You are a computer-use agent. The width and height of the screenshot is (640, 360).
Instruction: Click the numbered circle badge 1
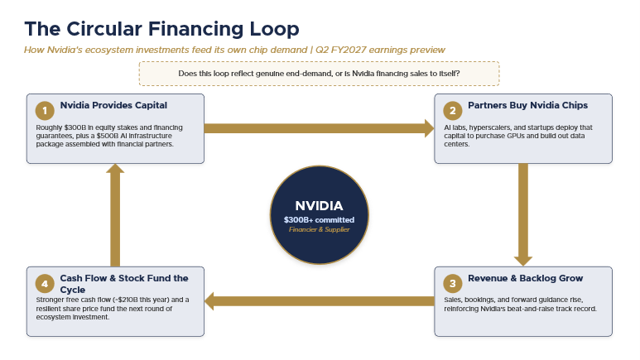pos(45,111)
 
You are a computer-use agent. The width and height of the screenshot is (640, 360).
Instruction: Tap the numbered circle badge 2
pos(453,111)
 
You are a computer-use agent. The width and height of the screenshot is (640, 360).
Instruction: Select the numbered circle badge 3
pos(453,284)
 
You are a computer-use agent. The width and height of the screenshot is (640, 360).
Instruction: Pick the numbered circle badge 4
pos(45,284)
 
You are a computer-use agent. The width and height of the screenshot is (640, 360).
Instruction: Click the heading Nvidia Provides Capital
pos(113,105)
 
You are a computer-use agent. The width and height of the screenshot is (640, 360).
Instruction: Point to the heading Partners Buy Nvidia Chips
pos(527,105)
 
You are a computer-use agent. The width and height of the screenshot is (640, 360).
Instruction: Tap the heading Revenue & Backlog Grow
pos(525,278)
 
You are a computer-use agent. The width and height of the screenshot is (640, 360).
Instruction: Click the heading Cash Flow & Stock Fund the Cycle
pos(124,284)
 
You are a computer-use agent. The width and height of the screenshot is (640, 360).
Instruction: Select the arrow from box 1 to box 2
pos(320,128)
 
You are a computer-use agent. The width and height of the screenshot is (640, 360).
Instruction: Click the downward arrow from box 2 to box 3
pos(523,214)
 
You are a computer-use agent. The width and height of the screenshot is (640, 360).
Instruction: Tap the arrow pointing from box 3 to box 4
pos(320,301)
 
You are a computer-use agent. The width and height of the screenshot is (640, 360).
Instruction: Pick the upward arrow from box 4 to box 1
pos(115,215)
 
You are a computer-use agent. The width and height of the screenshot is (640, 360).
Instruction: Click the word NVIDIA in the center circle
pos(320,206)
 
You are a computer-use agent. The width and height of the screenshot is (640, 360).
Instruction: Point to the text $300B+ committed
pos(320,220)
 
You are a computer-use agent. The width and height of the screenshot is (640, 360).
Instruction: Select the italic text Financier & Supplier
pos(320,229)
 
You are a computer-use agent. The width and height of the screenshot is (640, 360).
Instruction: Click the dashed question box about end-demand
pos(320,74)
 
